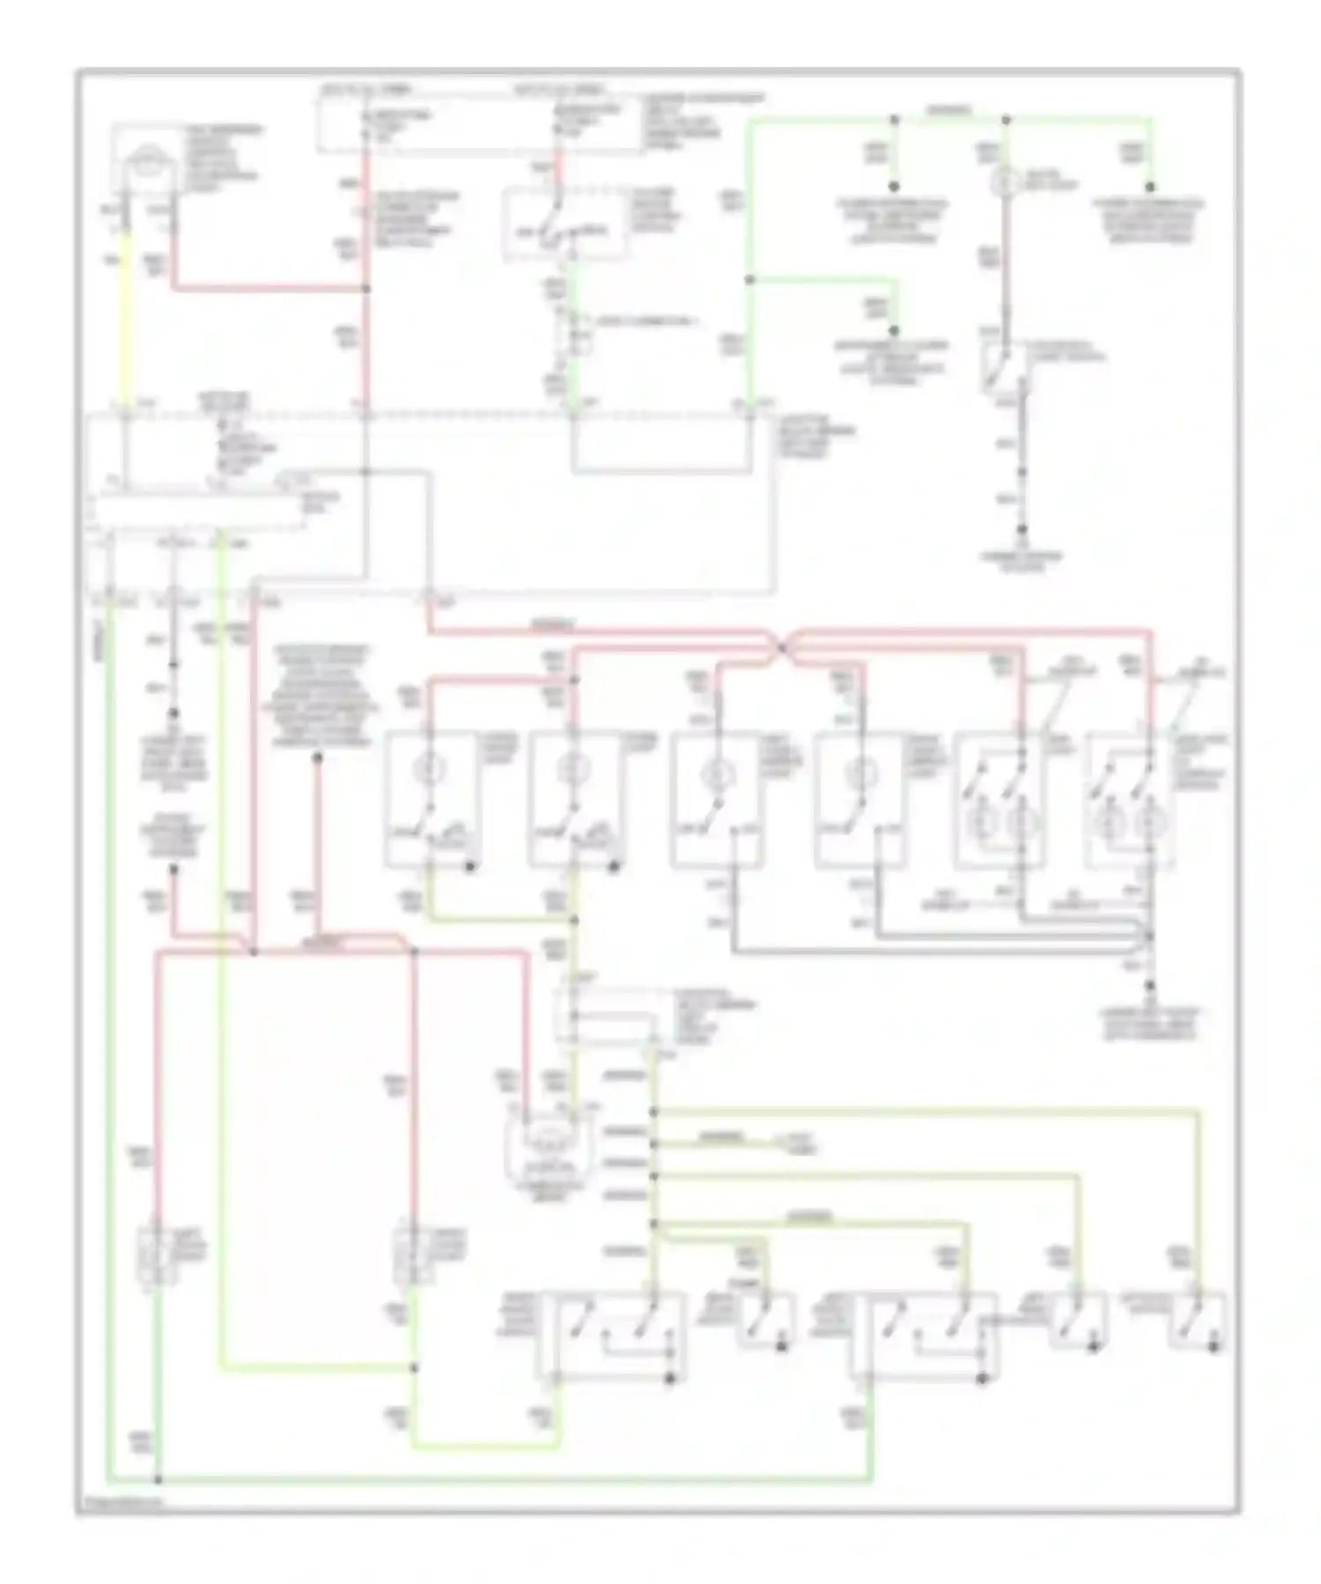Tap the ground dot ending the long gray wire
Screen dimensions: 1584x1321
tap(1022, 530)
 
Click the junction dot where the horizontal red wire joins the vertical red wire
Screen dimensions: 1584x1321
tap(365, 289)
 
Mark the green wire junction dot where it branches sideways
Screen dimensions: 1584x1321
tap(749, 280)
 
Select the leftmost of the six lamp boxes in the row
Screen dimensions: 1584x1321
tap(432, 797)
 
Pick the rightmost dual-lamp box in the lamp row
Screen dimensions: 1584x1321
tap(1130, 799)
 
